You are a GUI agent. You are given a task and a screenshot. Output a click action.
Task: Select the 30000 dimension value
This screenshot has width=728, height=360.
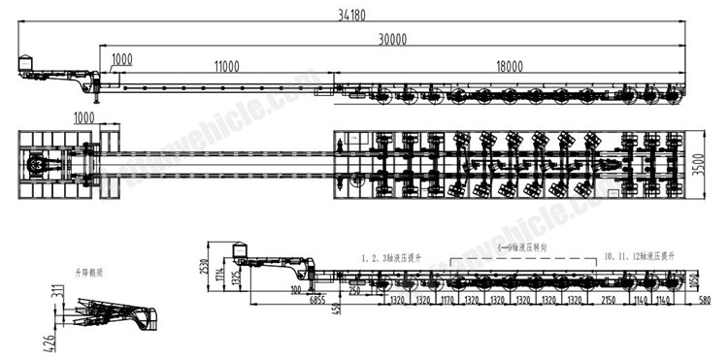(x=393, y=39)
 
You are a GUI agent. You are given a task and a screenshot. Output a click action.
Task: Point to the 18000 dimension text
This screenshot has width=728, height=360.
(x=508, y=65)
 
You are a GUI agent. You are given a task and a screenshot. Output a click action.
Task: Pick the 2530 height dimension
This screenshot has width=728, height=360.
(x=202, y=265)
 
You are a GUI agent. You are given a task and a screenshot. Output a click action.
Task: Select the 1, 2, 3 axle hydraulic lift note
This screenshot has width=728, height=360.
(x=394, y=257)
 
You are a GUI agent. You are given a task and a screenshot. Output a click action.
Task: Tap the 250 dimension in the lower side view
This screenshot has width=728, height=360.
(x=355, y=290)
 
